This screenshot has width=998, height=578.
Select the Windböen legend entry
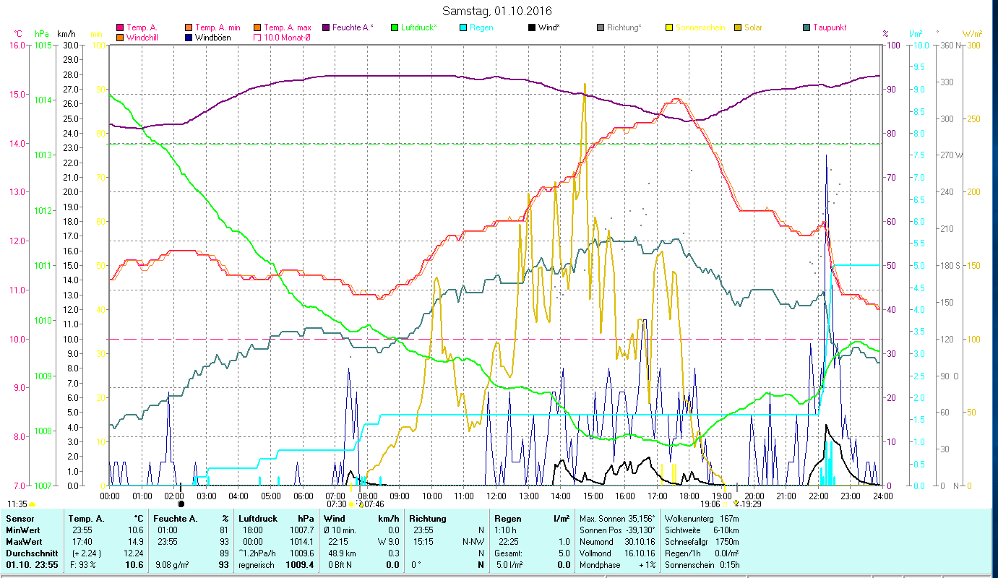point(212,38)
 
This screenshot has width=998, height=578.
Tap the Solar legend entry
point(753,27)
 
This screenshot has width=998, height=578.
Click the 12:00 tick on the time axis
point(496,496)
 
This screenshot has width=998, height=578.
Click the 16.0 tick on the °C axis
point(15,45)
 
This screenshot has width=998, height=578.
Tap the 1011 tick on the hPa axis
point(43,265)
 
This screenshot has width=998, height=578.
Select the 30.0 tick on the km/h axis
point(70,45)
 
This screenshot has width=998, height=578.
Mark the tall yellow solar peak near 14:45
point(585,85)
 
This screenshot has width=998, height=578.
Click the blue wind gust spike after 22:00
point(826,157)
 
